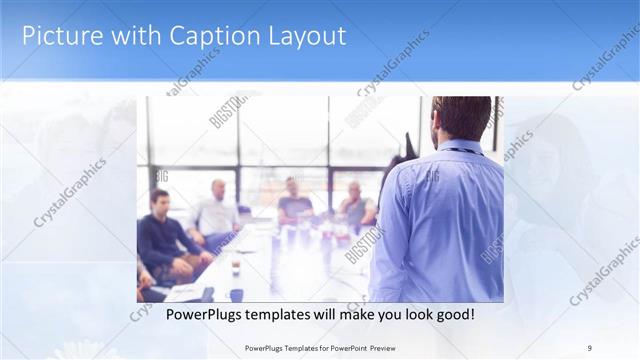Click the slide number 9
589,348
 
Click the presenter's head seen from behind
461,118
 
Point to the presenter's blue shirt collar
461,148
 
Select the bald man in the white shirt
216,211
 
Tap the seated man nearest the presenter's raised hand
355,205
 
